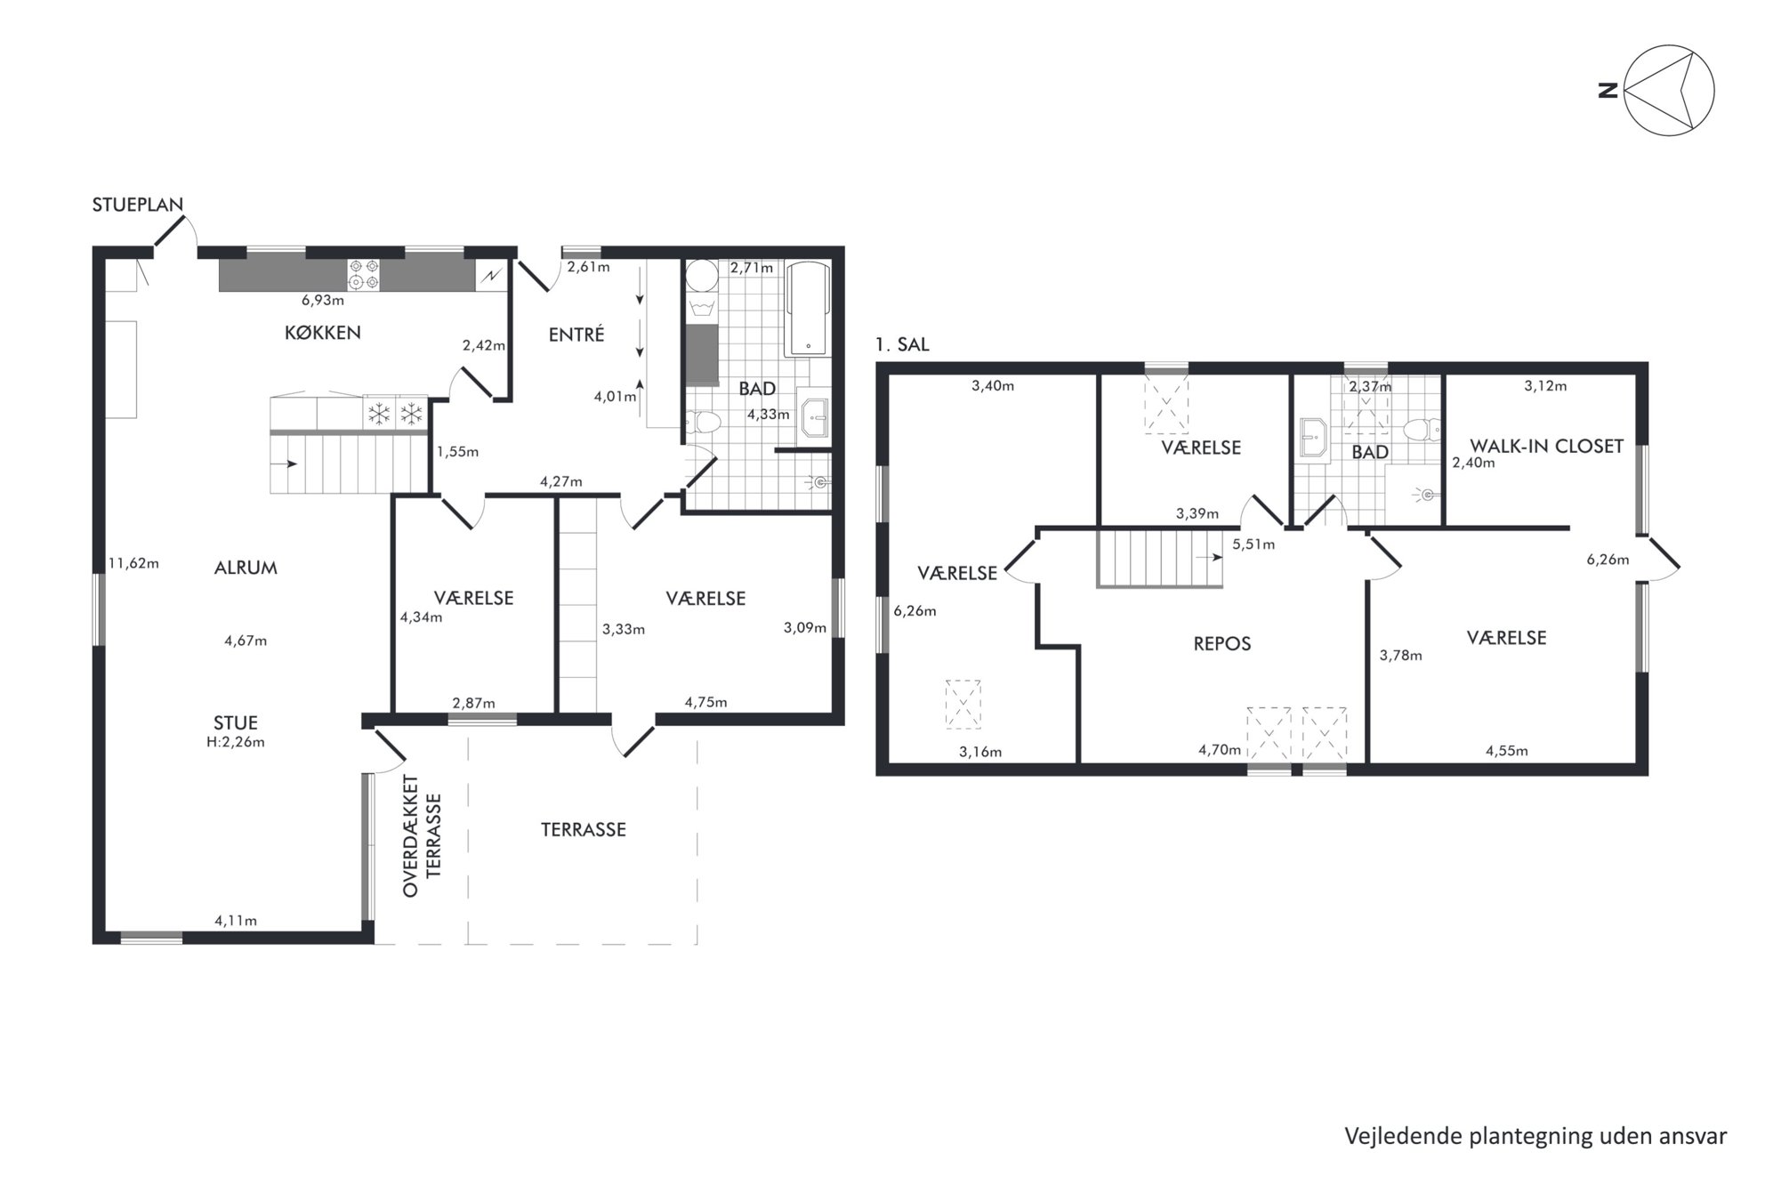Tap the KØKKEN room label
point(322,333)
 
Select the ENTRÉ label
point(576,335)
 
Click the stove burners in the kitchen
point(363,274)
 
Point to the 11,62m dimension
point(133,563)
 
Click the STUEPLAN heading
point(138,205)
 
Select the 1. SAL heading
point(902,344)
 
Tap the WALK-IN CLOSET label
point(1547,446)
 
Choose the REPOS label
point(1222,643)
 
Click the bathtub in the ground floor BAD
point(808,309)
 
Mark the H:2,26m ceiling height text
point(236,742)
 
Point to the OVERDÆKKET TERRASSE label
point(422,836)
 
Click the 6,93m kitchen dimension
point(323,301)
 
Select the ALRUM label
point(246,568)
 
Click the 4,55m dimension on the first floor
point(1507,751)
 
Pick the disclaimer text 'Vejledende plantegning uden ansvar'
point(1535,1136)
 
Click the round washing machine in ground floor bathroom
point(702,276)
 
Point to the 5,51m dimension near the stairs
point(1253,544)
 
